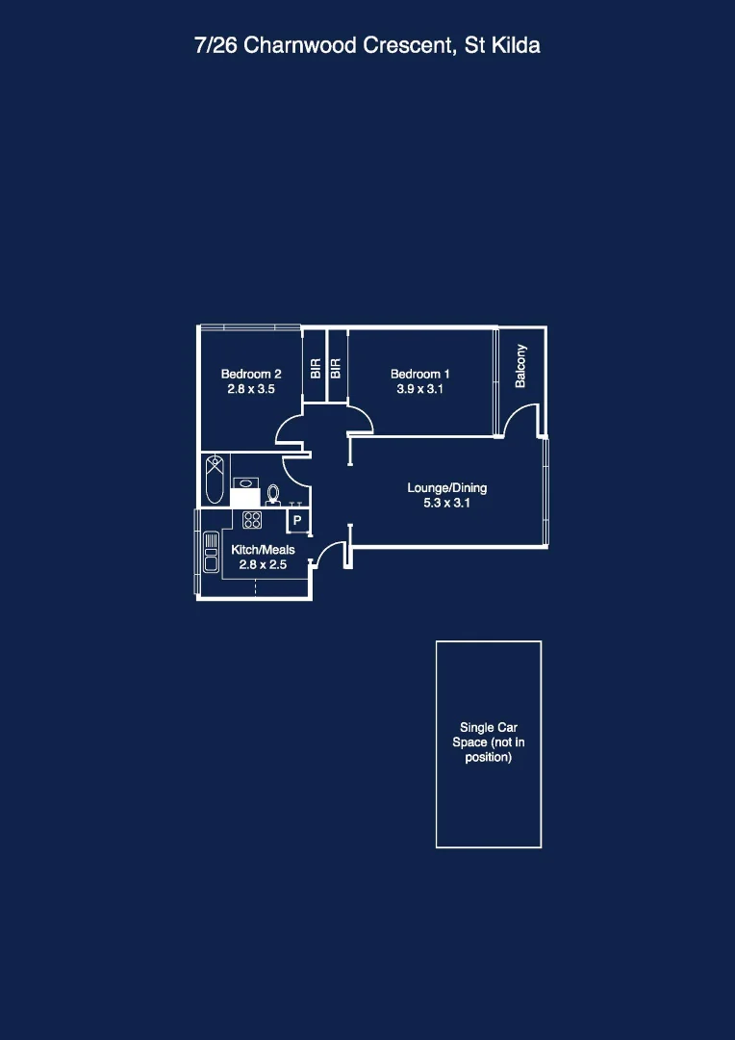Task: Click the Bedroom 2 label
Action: coord(251,375)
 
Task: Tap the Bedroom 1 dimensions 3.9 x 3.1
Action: coord(419,390)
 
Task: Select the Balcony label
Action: coord(520,366)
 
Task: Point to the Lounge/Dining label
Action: coord(446,488)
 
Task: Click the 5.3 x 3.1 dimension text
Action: coord(446,503)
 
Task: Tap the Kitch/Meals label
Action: coord(263,550)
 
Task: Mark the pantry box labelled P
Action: coord(297,521)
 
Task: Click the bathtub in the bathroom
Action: coord(215,479)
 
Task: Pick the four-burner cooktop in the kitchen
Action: coord(252,520)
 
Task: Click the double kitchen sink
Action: coord(211,553)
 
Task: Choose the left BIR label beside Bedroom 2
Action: coord(315,369)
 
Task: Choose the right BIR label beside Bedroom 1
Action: coord(336,369)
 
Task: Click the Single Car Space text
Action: coord(489,742)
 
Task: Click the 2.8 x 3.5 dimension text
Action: coord(251,390)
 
